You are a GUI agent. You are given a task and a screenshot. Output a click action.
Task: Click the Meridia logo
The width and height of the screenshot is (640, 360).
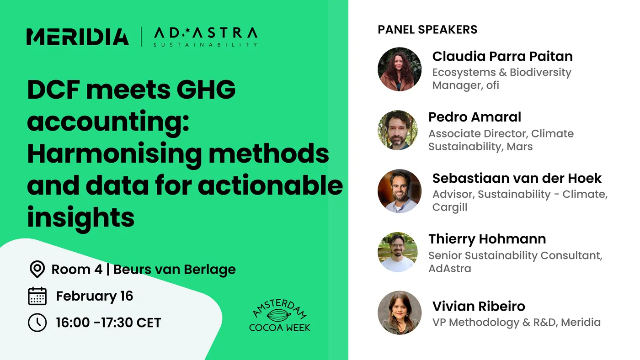pyautogui.click(x=78, y=37)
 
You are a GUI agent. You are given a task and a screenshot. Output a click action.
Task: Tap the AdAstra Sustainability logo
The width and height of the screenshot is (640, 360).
pyautogui.click(x=205, y=37)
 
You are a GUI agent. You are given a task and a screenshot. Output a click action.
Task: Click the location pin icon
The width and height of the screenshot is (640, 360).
pyautogui.click(x=37, y=269)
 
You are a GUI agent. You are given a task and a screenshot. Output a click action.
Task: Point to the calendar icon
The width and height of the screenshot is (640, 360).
pyautogui.click(x=37, y=296)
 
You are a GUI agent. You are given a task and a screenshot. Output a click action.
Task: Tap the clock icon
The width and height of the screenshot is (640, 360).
pyautogui.click(x=37, y=323)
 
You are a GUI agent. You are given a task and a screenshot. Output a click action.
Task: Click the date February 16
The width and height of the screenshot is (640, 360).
pyautogui.click(x=95, y=296)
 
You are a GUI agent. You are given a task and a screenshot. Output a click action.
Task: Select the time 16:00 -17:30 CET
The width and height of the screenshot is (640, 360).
pyautogui.click(x=108, y=323)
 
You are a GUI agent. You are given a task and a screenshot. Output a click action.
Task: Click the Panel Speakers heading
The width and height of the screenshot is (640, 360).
pyautogui.click(x=427, y=30)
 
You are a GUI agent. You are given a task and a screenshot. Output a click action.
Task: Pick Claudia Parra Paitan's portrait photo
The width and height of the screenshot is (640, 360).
pyautogui.click(x=400, y=69)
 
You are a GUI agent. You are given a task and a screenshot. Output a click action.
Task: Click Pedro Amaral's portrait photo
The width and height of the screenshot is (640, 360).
pyautogui.click(x=398, y=130)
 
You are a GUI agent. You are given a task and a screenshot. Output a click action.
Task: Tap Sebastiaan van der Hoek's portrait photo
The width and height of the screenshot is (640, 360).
pyautogui.click(x=400, y=191)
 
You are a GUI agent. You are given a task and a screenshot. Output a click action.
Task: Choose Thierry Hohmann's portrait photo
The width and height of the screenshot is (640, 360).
pyautogui.click(x=398, y=252)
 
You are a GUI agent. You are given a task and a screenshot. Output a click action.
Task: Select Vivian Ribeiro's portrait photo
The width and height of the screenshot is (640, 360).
pyautogui.click(x=400, y=312)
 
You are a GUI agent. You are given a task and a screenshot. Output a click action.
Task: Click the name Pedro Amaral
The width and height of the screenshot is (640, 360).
pyautogui.click(x=475, y=117)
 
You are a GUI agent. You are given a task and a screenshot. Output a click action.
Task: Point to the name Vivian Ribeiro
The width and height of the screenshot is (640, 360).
pyautogui.click(x=479, y=306)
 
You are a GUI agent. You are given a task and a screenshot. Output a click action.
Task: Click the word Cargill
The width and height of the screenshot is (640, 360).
pyautogui.click(x=450, y=207)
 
